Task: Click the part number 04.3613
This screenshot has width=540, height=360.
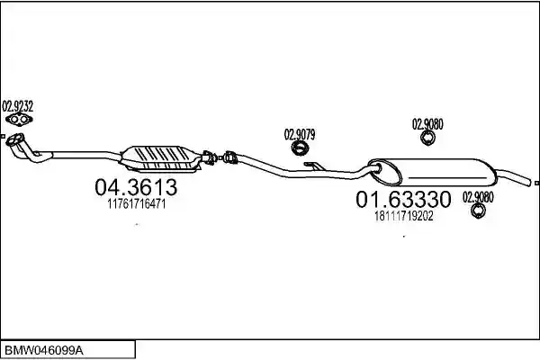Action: (x=136, y=187)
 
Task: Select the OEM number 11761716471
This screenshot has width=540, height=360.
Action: (x=137, y=204)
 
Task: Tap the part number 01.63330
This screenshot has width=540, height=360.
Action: (x=403, y=199)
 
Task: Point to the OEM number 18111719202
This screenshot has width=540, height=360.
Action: (x=403, y=216)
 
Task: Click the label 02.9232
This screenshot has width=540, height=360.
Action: (x=18, y=106)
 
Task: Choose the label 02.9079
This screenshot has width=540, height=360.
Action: (x=300, y=134)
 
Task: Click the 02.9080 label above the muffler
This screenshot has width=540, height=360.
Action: (x=427, y=124)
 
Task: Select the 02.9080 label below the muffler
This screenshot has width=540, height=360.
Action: (x=478, y=197)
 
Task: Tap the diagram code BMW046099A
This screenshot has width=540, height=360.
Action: (x=44, y=351)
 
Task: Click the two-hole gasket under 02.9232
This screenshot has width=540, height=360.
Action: (x=19, y=119)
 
